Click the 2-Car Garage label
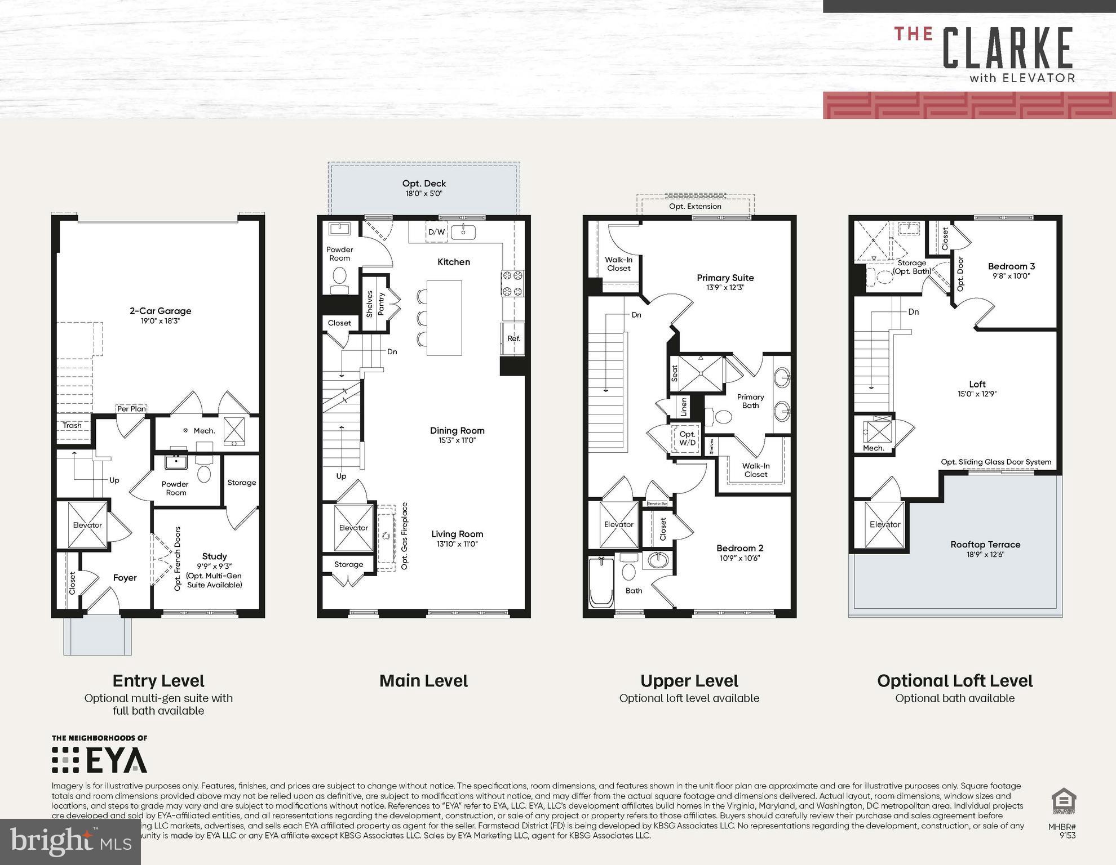(160, 311)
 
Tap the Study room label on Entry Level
(214, 556)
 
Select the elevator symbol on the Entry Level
(87, 524)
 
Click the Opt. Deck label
(424, 184)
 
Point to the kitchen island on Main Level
(444, 318)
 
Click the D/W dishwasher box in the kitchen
(436, 232)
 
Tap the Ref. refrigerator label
(513, 338)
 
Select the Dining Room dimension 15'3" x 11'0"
(457, 440)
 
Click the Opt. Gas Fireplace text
(404, 536)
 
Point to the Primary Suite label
(725, 278)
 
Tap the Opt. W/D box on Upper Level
(687, 438)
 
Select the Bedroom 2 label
(739, 548)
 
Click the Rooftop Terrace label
(985, 545)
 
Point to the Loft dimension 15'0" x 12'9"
(977, 394)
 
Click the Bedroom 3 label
(1011, 266)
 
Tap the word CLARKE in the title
(1007, 49)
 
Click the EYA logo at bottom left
(100, 760)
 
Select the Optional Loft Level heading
(954, 681)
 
